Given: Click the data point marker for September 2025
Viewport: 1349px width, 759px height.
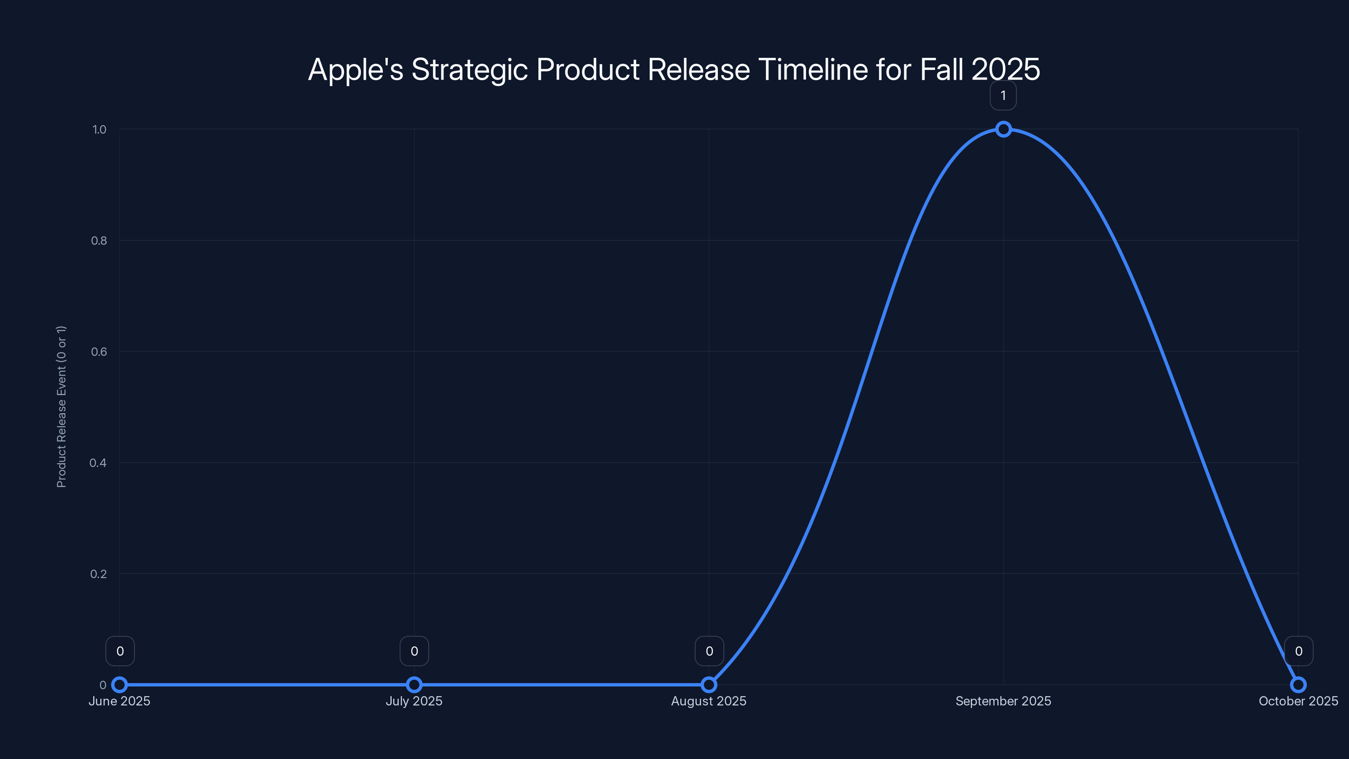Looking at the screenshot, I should (x=1003, y=129).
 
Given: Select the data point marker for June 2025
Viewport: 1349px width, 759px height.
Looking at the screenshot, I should (x=120, y=685).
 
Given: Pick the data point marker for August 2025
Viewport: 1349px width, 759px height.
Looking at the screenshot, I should (x=709, y=685).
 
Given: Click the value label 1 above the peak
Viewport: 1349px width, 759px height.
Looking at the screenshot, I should (x=1003, y=96).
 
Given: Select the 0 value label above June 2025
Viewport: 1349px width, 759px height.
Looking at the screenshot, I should (x=120, y=651).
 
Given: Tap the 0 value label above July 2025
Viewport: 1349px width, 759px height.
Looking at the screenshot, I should (x=414, y=651).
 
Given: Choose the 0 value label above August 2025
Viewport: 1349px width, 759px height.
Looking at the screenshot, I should (x=709, y=651).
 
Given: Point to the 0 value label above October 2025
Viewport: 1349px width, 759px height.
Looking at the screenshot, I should (x=1299, y=651).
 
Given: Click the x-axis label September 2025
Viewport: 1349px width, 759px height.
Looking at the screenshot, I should (x=1003, y=701).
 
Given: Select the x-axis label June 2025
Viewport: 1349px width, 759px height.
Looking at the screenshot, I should (x=119, y=701).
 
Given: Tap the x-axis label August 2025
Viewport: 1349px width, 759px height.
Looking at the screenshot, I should (x=709, y=701).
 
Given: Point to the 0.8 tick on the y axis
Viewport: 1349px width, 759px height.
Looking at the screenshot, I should (x=99, y=240).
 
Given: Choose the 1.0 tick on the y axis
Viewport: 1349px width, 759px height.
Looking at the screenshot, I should (x=99, y=129).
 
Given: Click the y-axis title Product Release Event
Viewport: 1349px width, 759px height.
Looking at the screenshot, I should (x=61, y=406).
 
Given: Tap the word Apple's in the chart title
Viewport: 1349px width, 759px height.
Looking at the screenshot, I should (x=355, y=70).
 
